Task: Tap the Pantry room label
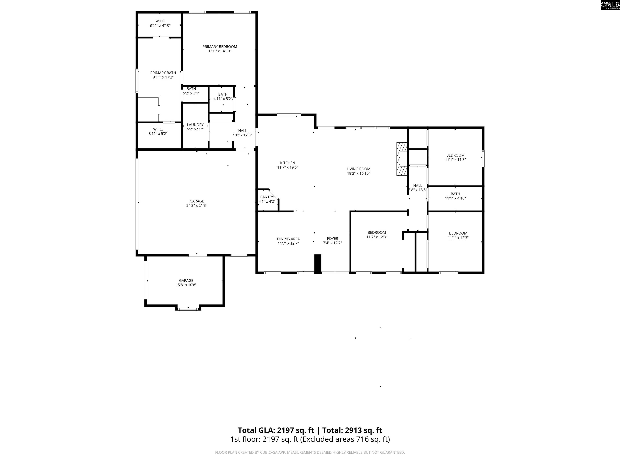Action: tap(267, 197)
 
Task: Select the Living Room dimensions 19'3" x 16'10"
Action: tap(358, 174)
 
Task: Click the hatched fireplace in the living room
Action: tap(401, 159)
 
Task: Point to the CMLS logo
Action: tap(610, 5)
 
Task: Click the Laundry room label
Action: tap(195, 125)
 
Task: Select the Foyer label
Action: tap(332, 239)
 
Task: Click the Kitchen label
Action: tap(287, 163)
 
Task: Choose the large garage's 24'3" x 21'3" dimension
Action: tap(197, 205)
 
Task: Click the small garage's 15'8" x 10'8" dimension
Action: tap(186, 285)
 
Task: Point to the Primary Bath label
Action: tap(163, 73)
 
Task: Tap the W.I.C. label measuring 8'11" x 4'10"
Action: tap(160, 21)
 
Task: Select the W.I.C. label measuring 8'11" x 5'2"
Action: tap(158, 129)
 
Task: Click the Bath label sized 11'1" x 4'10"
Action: tap(455, 194)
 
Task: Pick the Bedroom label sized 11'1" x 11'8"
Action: tap(455, 155)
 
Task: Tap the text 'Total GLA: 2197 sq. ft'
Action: tap(276, 430)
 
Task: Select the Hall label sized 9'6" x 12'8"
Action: tap(242, 131)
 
